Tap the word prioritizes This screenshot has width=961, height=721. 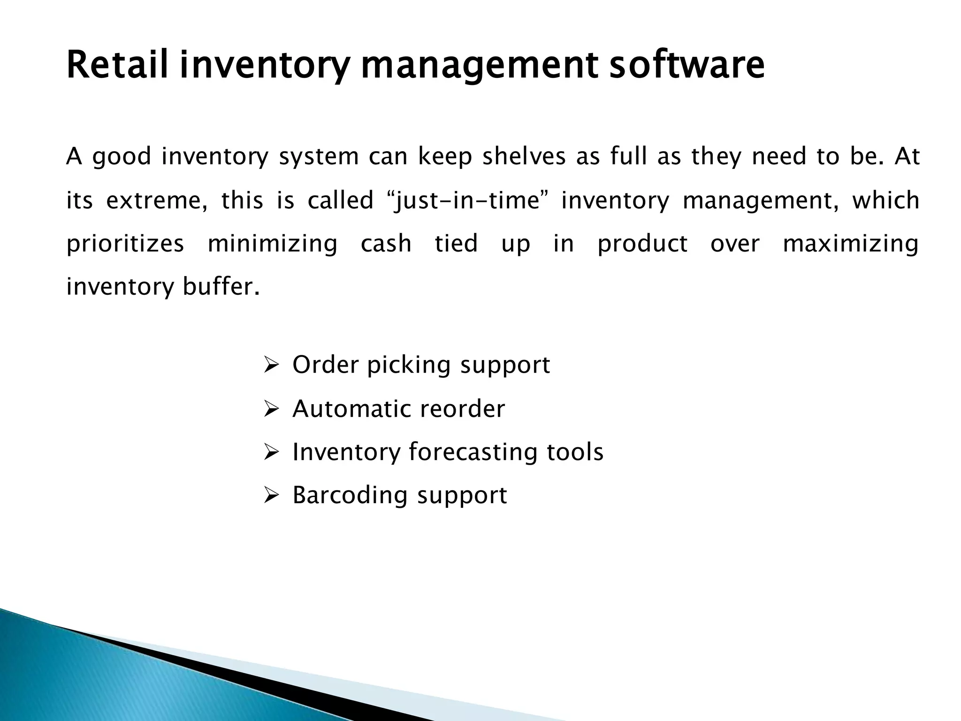[x=125, y=244]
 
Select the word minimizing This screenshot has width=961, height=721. [x=272, y=244]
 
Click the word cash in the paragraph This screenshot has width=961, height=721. [x=386, y=244]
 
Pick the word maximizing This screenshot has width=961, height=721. [x=851, y=244]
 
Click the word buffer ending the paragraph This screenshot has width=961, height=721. [x=221, y=287]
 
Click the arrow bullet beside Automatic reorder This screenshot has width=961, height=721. [x=271, y=409]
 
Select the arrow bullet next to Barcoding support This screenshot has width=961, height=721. [x=271, y=495]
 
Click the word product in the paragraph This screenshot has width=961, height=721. [x=642, y=244]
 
